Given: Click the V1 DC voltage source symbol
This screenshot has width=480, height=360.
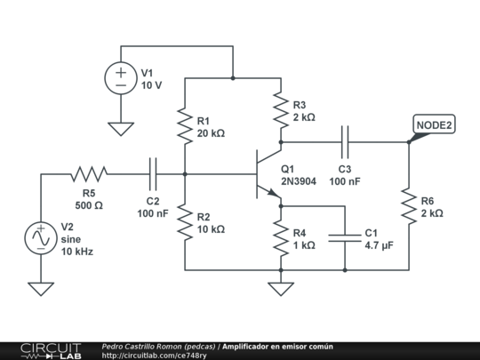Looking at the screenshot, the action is tap(121, 78).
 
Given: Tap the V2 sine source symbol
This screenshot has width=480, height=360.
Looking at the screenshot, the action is tap(41, 238).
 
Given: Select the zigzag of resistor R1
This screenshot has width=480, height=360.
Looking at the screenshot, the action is tap(185, 126).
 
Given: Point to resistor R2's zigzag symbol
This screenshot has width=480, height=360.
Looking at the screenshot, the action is tap(185, 222).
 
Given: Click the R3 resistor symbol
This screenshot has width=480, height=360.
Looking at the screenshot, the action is tap(281, 110).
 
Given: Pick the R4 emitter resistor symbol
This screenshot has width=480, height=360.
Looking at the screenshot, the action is tap(281, 238).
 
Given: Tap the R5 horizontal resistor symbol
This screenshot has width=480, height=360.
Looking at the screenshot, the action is tap(89, 174).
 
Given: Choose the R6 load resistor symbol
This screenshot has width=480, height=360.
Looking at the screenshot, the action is tap(409, 206).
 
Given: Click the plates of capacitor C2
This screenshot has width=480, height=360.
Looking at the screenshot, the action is tap(153, 174).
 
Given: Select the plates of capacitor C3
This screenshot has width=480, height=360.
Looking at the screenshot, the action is tap(345, 142).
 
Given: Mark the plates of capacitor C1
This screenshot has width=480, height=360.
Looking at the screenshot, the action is tap(345, 238).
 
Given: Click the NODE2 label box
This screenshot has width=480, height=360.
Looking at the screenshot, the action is tap(434, 124).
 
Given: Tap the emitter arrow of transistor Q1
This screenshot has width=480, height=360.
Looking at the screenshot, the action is tap(274, 193).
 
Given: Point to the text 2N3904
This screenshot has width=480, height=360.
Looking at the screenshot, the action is tap(299, 181).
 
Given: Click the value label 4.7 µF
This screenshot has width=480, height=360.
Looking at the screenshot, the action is tap(379, 245).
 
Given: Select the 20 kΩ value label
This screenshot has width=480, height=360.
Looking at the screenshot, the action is tap(211, 133).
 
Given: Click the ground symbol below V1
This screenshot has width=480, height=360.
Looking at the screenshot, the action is tap(121, 129).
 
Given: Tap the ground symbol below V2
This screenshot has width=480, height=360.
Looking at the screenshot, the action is tap(41, 289).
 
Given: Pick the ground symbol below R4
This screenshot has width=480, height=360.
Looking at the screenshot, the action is tap(281, 289).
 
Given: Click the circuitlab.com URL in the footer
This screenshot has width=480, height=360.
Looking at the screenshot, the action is tap(154, 356).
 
